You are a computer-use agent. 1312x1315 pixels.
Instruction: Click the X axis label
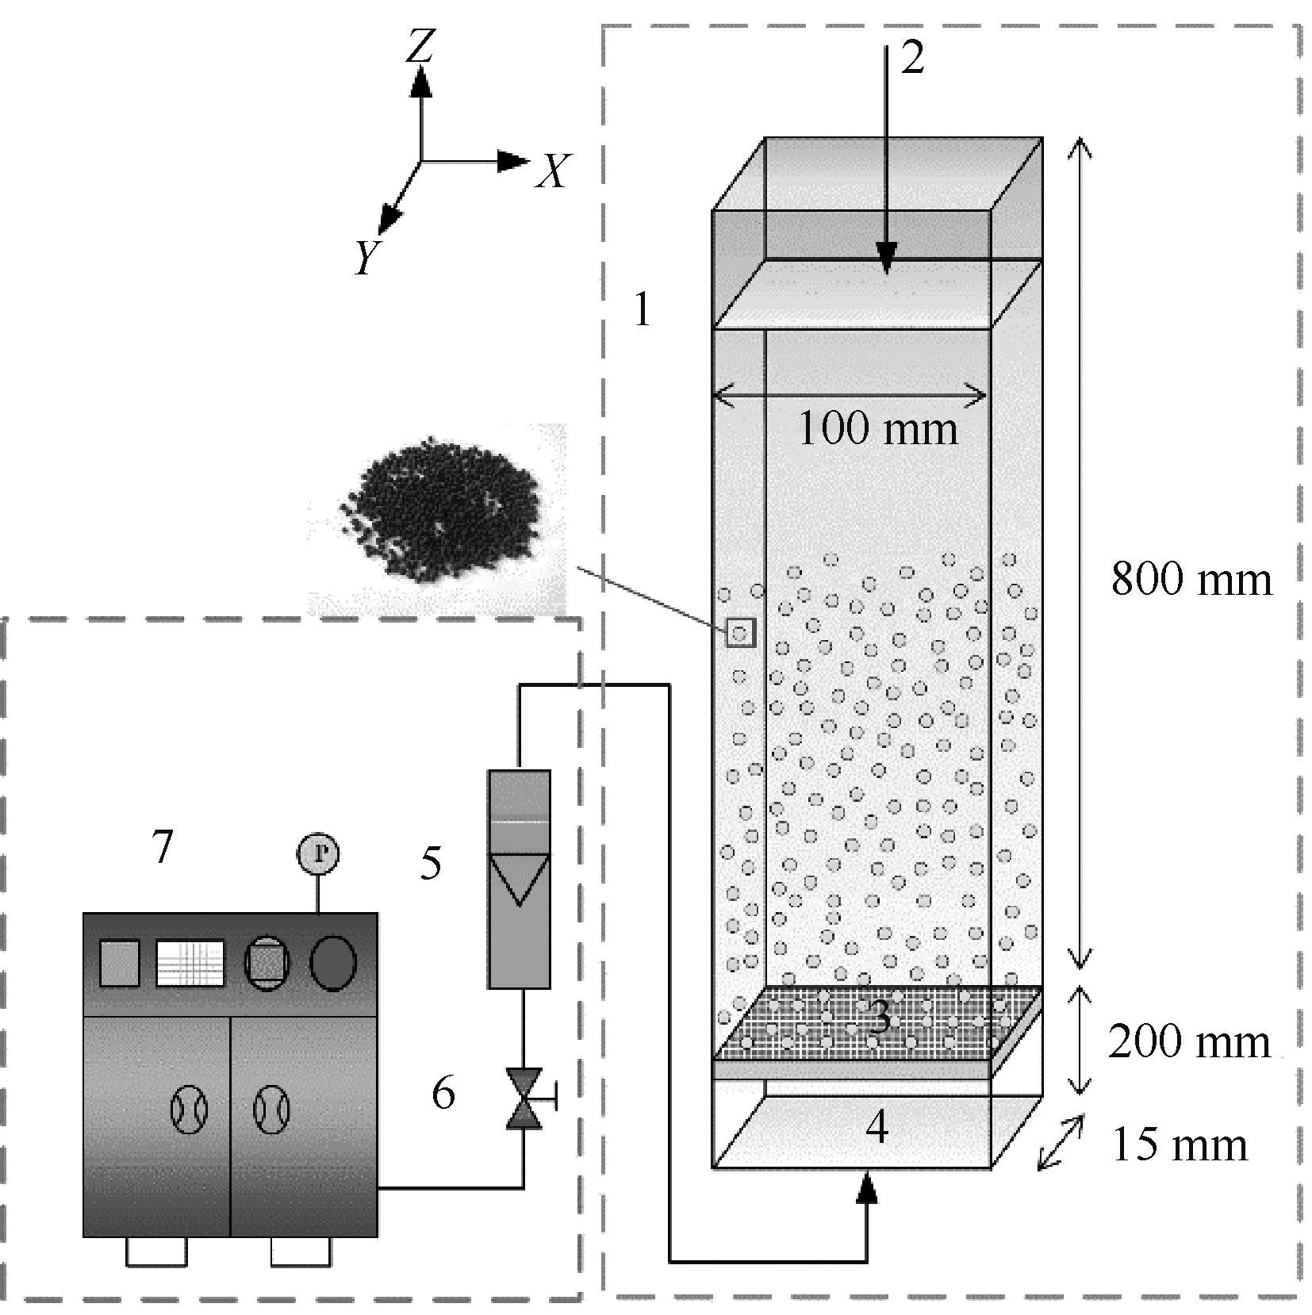(x=552, y=171)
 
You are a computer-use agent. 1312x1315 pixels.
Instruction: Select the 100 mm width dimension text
(x=877, y=429)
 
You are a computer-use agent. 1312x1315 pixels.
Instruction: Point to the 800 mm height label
(x=1190, y=579)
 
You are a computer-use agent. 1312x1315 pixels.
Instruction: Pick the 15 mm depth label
(x=1180, y=1144)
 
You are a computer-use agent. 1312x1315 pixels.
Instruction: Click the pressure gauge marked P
(x=318, y=853)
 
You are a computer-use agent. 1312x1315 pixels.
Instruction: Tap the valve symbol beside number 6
(x=524, y=1098)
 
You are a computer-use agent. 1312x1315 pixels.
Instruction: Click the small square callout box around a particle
(x=740, y=633)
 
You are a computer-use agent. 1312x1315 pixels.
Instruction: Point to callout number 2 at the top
(x=912, y=58)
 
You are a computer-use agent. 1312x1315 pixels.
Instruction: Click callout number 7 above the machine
(x=162, y=847)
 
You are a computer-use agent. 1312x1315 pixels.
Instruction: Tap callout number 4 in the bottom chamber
(x=876, y=1127)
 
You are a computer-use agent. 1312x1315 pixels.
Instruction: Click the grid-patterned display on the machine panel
(x=190, y=963)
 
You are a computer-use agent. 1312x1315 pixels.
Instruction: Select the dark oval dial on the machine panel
(x=332, y=963)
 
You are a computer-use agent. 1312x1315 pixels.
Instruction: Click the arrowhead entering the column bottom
(x=869, y=1188)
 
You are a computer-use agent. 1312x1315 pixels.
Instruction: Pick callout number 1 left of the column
(x=642, y=310)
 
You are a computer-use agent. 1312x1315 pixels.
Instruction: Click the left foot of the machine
(x=156, y=1252)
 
